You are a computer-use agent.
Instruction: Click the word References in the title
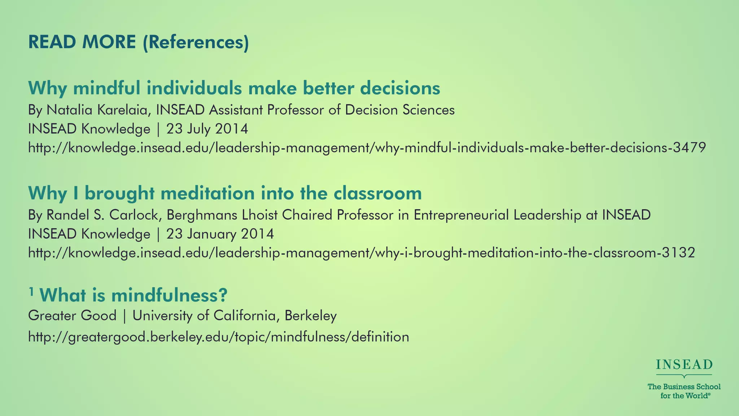click(x=196, y=42)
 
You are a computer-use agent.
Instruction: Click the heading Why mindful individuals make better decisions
click(x=234, y=88)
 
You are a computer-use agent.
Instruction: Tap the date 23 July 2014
click(x=207, y=129)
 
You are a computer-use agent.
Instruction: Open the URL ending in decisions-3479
click(x=367, y=148)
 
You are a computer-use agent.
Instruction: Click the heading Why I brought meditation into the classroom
click(x=224, y=193)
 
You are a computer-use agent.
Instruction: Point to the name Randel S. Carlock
click(x=102, y=215)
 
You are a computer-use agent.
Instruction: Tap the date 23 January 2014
click(x=220, y=234)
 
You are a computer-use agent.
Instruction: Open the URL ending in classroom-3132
click(x=361, y=253)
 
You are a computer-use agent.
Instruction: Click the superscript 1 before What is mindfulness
click(x=31, y=291)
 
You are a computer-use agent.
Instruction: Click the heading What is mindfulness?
click(x=133, y=295)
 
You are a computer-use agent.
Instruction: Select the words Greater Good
click(x=72, y=316)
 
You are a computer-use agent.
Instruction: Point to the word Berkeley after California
click(x=310, y=316)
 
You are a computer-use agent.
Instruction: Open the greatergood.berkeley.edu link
click(x=218, y=337)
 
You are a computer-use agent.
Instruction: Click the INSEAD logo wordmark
click(x=684, y=365)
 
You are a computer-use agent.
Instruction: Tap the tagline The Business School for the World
click(x=684, y=391)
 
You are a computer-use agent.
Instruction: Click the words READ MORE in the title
click(x=82, y=42)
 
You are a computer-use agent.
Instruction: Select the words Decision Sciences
click(x=399, y=110)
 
